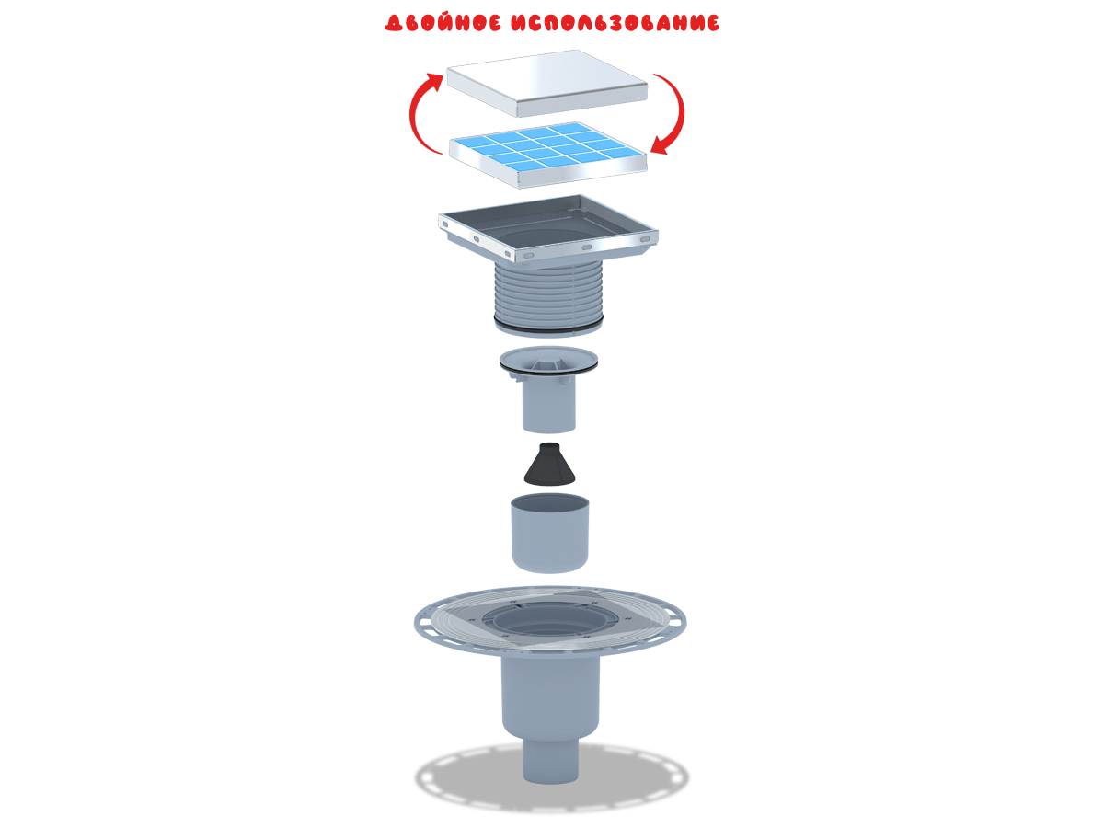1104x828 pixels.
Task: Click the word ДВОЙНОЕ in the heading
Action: pos(443,23)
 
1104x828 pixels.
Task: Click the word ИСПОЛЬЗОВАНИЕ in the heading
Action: pos(615,23)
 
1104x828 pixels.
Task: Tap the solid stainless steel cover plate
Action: pos(546,83)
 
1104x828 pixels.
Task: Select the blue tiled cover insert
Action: pos(547,155)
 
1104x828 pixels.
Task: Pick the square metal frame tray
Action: pos(547,228)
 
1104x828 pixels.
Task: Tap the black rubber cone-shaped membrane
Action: pos(549,464)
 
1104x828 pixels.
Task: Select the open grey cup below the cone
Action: pos(550,533)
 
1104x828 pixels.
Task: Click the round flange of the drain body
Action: pos(550,621)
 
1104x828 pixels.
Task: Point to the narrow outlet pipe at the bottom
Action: pos(551,761)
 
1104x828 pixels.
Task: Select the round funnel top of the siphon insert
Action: pos(548,361)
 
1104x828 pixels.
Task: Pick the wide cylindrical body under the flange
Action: pos(551,696)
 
